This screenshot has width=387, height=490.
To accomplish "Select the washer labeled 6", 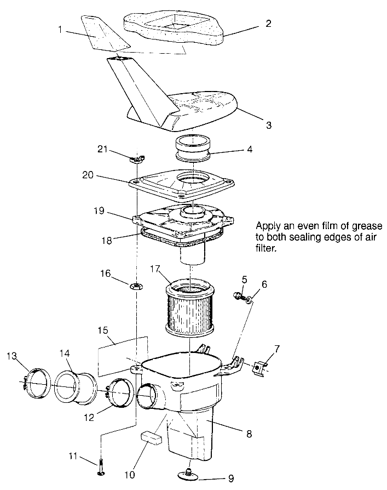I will click(x=250, y=299).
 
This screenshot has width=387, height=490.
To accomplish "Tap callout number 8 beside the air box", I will click(x=249, y=434).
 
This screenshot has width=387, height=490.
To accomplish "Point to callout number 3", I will click(x=268, y=125).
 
